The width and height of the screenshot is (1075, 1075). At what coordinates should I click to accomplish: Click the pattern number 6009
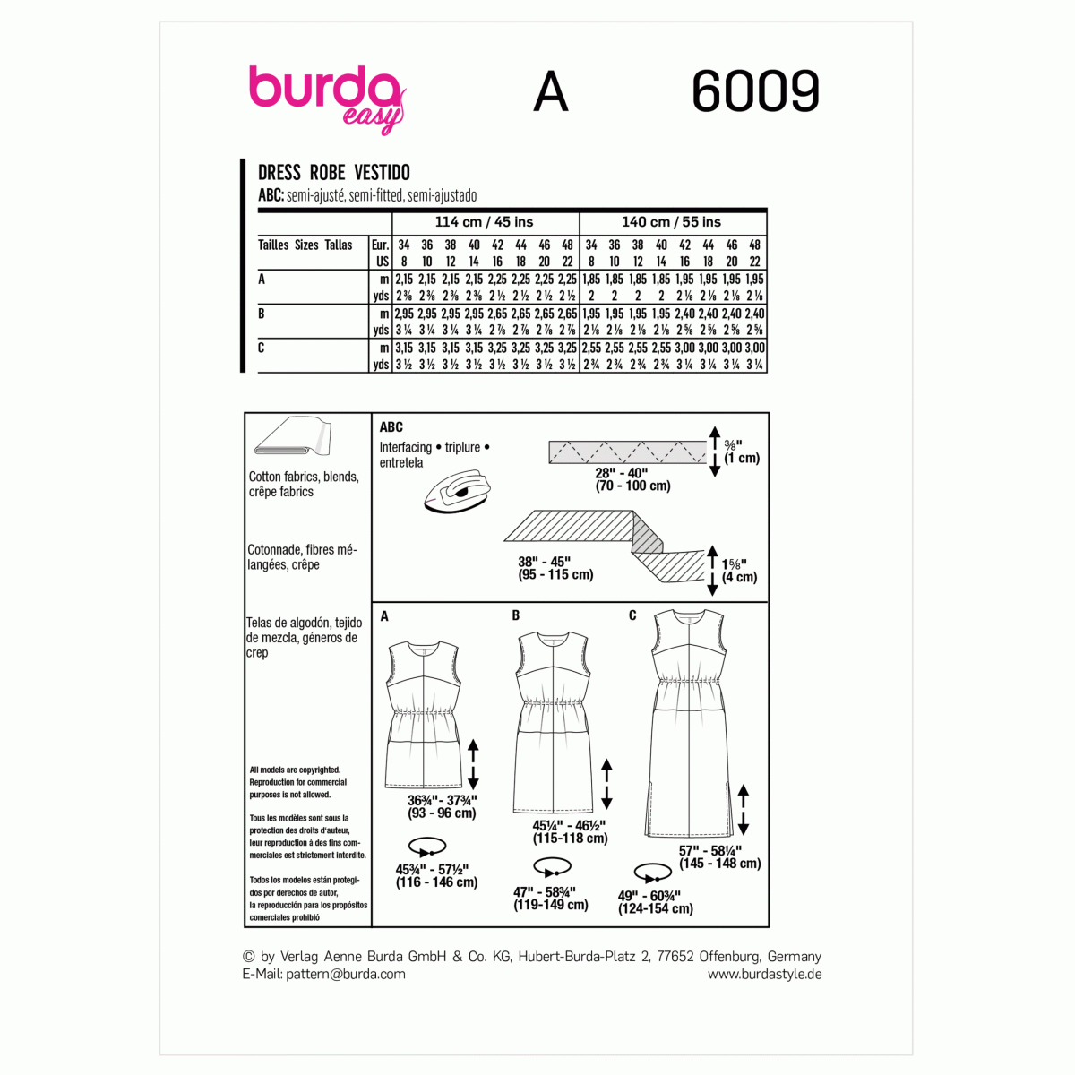[755, 92]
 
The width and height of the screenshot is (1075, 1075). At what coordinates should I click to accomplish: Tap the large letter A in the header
[550, 92]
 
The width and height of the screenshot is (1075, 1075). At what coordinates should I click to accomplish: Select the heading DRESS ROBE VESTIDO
[333, 173]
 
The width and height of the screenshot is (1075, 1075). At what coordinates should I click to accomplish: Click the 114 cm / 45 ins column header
[484, 222]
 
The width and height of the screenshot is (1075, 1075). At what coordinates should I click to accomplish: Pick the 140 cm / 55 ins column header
[672, 222]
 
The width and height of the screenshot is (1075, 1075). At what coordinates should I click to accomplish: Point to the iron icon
[457, 493]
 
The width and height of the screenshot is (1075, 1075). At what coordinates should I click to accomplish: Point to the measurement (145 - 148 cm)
[720, 864]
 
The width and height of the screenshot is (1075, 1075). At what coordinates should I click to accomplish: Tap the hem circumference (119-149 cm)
[551, 905]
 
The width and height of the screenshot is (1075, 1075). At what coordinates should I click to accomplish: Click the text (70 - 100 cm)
[632, 486]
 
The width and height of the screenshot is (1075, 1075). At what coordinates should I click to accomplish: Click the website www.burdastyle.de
[764, 974]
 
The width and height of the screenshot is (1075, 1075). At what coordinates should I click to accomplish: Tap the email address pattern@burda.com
[346, 974]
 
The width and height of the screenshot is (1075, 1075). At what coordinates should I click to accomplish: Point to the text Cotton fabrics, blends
[304, 477]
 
